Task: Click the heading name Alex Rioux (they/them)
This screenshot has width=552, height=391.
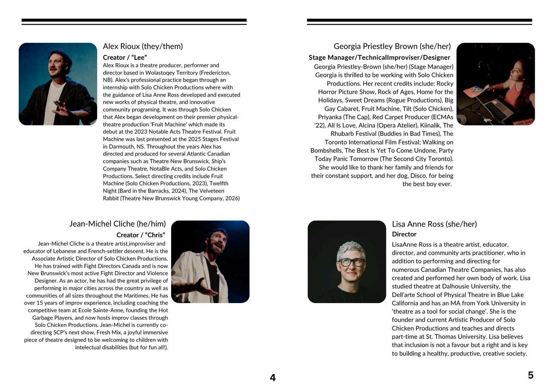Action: tap(143, 46)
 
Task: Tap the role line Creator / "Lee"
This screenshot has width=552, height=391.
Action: tap(125, 57)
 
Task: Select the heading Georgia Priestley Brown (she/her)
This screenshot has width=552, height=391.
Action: tap(392, 46)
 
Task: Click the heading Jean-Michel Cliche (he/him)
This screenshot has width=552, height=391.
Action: tap(117, 224)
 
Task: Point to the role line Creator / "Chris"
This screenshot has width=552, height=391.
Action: tap(141, 235)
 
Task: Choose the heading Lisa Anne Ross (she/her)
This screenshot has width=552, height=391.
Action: tap(434, 224)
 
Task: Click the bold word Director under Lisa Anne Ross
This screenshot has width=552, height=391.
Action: tap(404, 234)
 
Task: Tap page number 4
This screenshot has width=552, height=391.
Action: tap(273, 378)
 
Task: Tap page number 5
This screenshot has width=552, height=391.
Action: tap(530, 375)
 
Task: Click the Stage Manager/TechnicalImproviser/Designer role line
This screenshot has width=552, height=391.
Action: tap(379, 58)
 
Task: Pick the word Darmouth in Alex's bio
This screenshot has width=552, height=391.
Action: tap(117, 146)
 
